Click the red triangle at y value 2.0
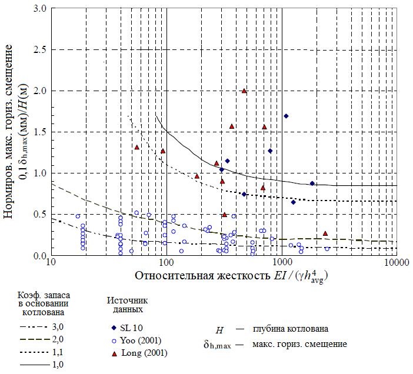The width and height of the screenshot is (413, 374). pos(244,91)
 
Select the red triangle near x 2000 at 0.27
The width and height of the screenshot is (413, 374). pos(325,233)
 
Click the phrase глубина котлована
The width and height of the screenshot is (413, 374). pos(291,328)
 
